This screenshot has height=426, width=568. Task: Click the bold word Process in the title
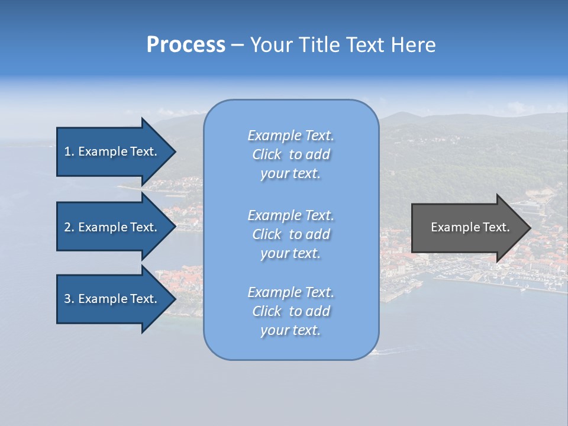coord(186,45)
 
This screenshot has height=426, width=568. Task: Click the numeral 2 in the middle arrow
coord(67,227)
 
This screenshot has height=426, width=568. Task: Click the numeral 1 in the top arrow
coord(67,151)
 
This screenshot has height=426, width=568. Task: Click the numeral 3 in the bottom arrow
coord(67,299)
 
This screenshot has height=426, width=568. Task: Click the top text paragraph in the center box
coord(291,154)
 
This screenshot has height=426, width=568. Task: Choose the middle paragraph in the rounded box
coord(291,234)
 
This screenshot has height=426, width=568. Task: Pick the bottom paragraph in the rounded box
coord(291,311)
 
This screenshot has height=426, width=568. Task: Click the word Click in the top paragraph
coord(266,154)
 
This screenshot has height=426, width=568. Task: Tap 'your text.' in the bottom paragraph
coord(291,330)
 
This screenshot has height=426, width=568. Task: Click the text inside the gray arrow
coord(470,227)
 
